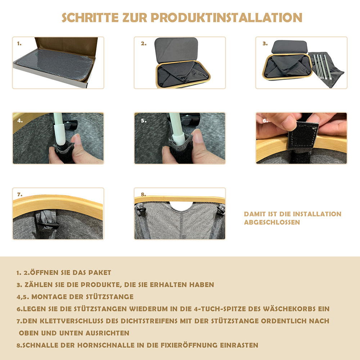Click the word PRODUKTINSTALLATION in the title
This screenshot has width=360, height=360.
pos(226,18)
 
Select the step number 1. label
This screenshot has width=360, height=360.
pos(19,44)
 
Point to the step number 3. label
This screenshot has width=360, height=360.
pos(265,44)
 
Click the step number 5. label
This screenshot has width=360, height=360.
pos(144,121)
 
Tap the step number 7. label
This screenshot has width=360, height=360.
pos(20,194)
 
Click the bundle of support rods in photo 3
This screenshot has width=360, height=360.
pos(323,66)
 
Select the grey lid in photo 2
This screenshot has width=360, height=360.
pos(176,49)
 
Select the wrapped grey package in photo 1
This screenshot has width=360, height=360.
pos(55,64)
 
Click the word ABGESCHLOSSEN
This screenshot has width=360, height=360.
pos(272,222)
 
